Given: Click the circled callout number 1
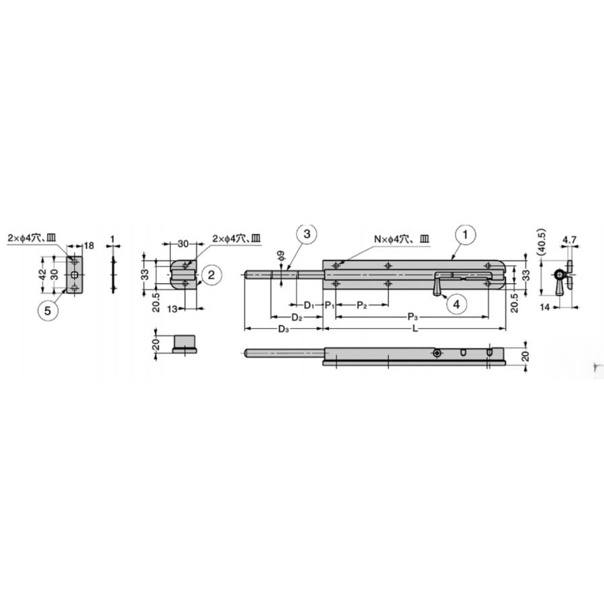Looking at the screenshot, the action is point(465,234).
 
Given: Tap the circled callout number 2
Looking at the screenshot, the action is point(211,274).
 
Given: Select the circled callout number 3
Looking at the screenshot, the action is point(307,234).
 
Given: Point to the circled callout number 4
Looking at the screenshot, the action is point(456,304).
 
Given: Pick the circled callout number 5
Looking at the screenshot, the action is point(48,311).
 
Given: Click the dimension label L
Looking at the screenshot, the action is point(415,329).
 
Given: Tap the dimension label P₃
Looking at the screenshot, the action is point(413,317).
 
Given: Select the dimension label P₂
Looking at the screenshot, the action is point(361,305).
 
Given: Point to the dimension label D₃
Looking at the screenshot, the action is point(283,329).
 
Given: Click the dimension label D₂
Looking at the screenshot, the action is point(296,317).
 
